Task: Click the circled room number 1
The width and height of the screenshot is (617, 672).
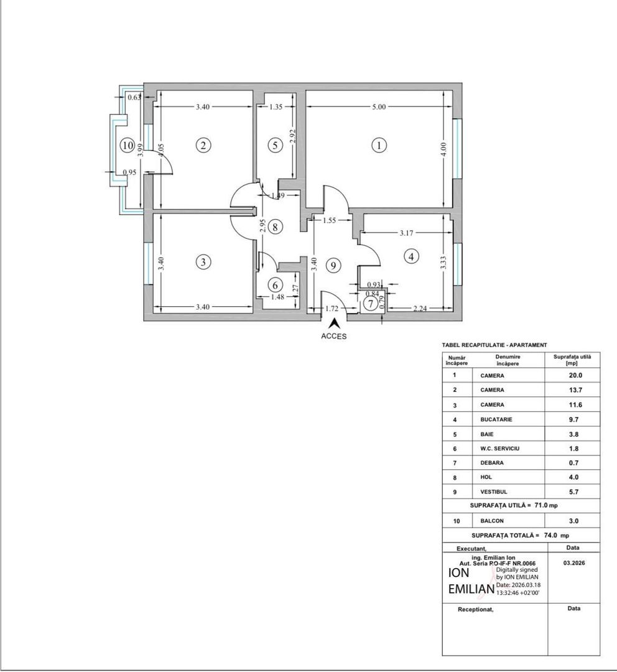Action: [x=379, y=146]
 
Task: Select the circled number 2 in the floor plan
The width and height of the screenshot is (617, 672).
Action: [x=203, y=146]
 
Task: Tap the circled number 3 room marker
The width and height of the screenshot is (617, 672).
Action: [x=203, y=262]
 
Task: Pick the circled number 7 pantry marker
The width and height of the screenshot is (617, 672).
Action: [x=370, y=304]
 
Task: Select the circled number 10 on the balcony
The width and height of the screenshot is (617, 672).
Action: [x=128, y=146]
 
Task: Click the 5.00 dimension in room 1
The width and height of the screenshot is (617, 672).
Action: [x=379, y=107]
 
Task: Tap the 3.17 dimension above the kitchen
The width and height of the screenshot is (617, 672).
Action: [x=406, y=233]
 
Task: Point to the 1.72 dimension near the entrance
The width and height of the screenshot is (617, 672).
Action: [x=332, y=309]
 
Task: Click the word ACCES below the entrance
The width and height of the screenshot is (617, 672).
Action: [x=334, y=336]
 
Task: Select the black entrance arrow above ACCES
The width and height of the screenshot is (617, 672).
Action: [x=334, y=324]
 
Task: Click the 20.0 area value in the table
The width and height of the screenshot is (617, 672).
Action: [x=572, y=375]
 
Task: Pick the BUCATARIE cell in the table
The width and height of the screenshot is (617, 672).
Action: [x=496, y=419]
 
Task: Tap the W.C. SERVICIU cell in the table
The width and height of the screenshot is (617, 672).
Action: [x=501, y=449]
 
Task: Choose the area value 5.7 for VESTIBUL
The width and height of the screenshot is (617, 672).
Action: [x=572, y=492]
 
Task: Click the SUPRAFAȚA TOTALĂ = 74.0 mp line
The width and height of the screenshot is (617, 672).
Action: [x=521, y=535]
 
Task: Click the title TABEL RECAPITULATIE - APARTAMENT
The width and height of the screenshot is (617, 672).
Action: [x=494, y=345]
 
